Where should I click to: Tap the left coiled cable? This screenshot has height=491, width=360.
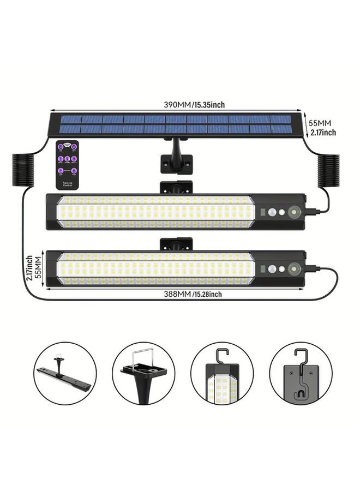[x=22, y=170]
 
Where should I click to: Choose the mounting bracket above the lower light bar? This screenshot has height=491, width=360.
[x=176, y=243]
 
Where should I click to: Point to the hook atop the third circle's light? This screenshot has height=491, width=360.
[x=220, y=355]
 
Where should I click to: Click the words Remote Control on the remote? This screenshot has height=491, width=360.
[x=68, y=184]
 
